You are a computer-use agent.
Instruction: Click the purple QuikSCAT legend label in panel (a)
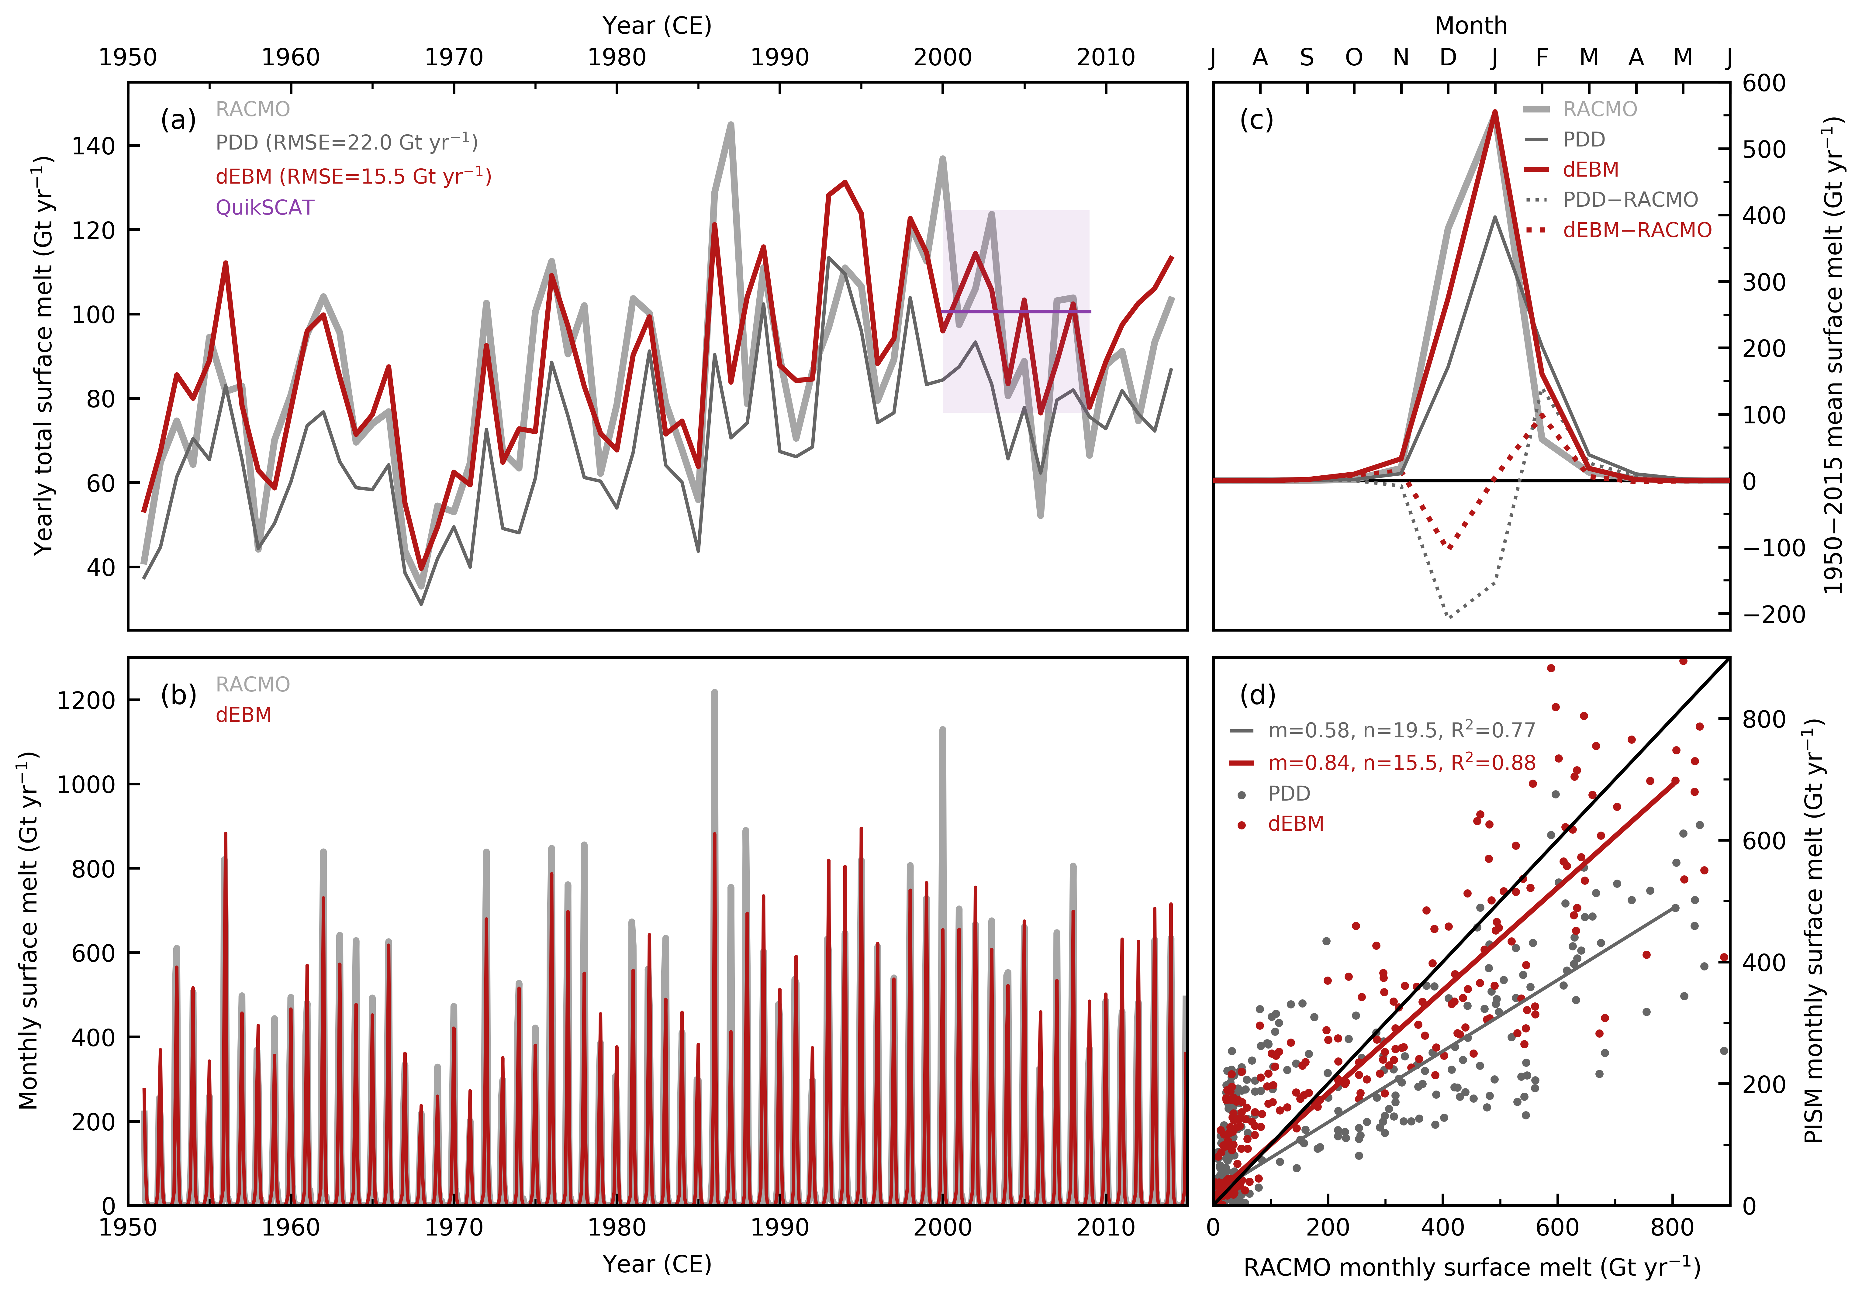pos(264,208)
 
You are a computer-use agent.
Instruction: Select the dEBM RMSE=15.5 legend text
pos(354,176)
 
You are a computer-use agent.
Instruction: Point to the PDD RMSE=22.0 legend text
pos(346,143)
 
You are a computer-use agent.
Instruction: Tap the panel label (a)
pos(178,120)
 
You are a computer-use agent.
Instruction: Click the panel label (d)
pos(1258,695)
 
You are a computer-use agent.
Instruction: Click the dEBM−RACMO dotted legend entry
pos(1636,230)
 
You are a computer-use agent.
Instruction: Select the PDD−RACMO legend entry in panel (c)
pos(1630,199)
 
